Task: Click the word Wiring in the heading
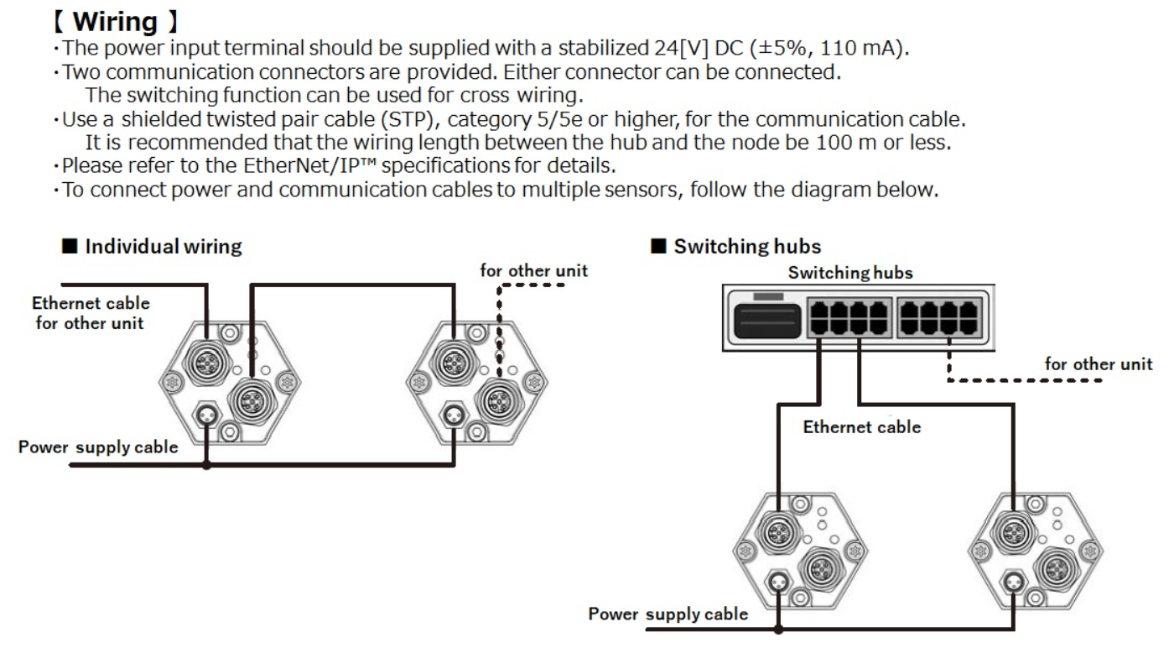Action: [x=115, y=22]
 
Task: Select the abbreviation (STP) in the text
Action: [x=408, y=119]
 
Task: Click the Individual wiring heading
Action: [x=164, y=247]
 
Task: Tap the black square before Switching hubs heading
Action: [x=658, y=246]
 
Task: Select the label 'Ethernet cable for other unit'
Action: [x=91, y=313]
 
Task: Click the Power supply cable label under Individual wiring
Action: [x=98, y=447]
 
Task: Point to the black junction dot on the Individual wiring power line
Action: [x=206, y=465]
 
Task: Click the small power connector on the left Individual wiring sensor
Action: [x=206, y=415]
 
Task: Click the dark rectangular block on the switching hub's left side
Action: [x=766, y=321]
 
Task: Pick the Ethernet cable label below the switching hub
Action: [x=861, y=427]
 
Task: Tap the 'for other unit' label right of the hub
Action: [x=1098, y=364]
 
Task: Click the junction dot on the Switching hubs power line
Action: [x=778, y=630]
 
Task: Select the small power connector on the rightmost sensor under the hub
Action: [x=1014, y=581]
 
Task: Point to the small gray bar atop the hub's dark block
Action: [x=768, y=296]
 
